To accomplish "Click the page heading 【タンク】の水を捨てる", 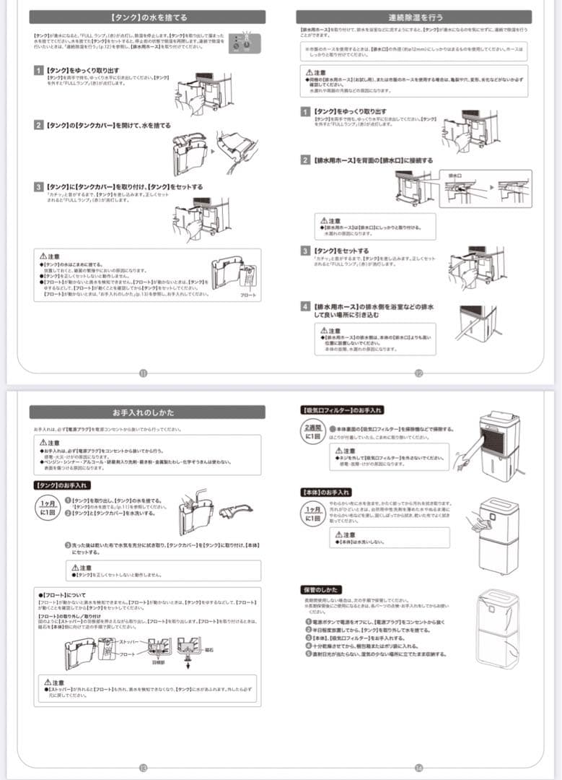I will pos(146,17).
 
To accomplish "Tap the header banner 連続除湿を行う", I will pos(415,17).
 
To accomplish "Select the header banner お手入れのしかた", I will pos(146,412).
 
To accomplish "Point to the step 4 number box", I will pos(306,306).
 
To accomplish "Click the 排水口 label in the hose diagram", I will pos(455,175).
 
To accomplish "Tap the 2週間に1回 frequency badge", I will pos(313,432).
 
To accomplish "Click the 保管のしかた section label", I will pos(320,590).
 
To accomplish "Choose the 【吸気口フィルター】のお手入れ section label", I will pos(342,410).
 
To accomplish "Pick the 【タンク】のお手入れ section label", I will pos(61,485).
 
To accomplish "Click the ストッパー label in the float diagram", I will pos(127,641).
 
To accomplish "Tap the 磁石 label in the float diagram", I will pos(208,650).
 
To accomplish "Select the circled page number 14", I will pos(418,768).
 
